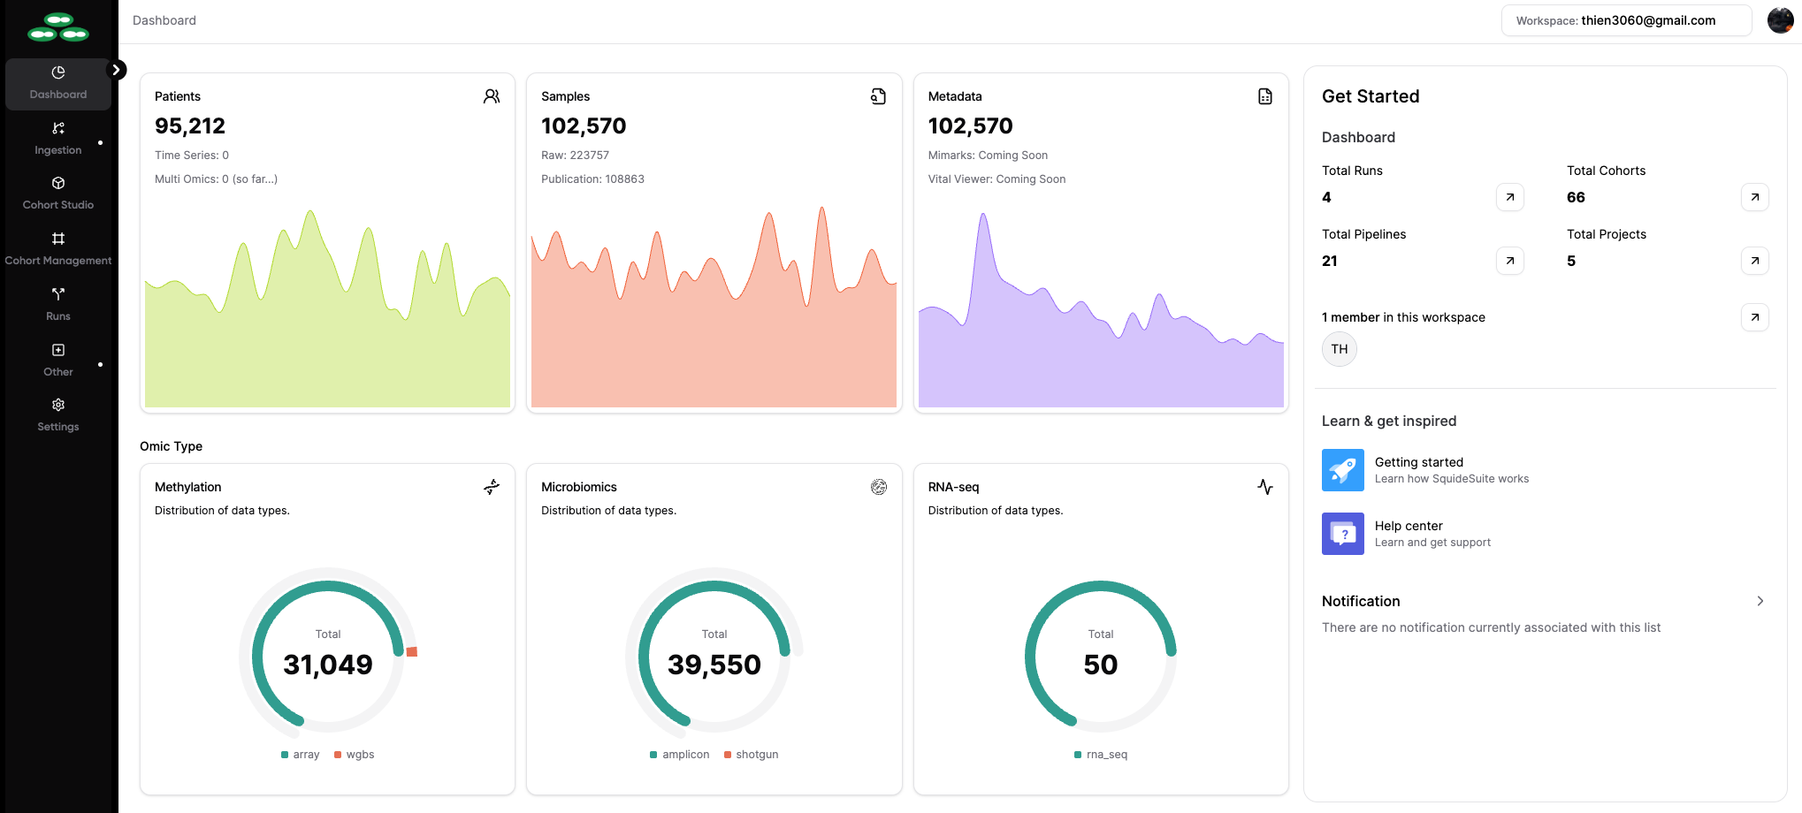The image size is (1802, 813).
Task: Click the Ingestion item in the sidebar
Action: pos(58,139)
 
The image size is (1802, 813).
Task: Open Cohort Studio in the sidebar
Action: pos(58,194)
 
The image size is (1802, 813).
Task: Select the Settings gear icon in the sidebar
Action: pos(58,405)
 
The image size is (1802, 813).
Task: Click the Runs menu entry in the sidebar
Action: pos(58,304)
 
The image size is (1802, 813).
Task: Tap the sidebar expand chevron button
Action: pos(116,70)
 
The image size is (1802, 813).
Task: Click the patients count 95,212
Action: pos(190,126)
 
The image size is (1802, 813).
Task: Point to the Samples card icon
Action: pos(878,96)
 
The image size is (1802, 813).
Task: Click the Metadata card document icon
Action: pos(1264,96)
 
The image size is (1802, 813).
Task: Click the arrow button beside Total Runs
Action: pos(1509,197)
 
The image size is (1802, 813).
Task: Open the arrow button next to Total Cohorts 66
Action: pos(1754,197)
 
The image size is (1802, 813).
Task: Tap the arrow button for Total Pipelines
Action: pos(1509,261)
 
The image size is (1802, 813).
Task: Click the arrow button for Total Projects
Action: pos(1754,261)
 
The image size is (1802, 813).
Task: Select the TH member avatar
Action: pos(1339,349)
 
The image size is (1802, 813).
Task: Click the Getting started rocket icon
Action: pos(1342,470)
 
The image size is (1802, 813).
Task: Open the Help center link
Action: pos(1408,526)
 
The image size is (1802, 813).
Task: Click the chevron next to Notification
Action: pos(1760,601)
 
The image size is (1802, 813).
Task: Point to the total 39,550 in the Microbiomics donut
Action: pos(714,665)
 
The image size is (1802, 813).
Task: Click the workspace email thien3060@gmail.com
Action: pos(1647,20)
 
